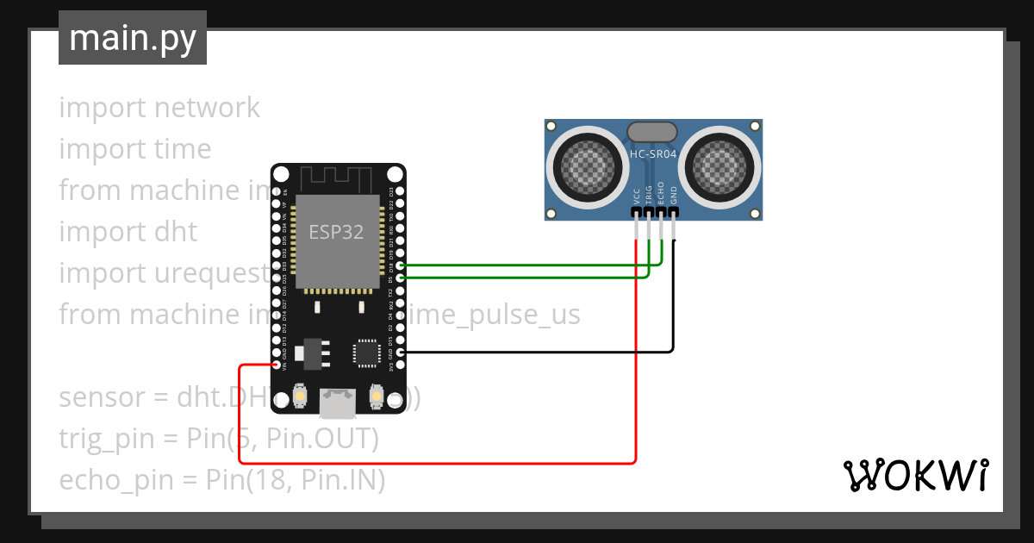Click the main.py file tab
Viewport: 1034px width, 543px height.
132,38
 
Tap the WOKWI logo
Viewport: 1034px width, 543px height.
915,475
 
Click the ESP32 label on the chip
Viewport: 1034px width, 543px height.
336,232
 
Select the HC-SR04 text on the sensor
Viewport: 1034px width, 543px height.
652,155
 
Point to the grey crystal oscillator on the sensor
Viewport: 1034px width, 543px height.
652,131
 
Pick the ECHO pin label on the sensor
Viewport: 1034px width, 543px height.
661,191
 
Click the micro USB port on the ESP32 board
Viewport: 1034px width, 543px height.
337,401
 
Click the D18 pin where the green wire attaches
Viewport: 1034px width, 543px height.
399,266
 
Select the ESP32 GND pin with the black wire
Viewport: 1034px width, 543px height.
399,353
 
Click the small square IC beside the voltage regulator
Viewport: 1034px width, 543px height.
365,353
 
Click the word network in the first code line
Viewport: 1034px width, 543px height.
207,108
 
